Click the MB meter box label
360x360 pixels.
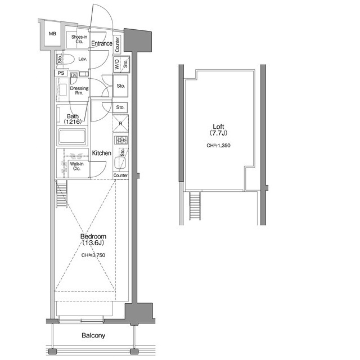(52, 34)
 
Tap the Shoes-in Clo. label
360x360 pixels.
(79, 39)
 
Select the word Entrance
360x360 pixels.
(102, 43)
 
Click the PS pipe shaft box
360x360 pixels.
(61, 73)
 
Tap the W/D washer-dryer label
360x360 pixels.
(117, 64)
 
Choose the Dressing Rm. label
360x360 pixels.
(79, 91)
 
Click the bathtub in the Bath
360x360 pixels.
(73, 137)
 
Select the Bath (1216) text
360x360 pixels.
(73, 119)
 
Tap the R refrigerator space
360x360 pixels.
(120, 124)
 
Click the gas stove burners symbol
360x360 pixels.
(121, 140)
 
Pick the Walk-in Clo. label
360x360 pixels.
(76, 166)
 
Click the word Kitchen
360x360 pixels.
(101, 153)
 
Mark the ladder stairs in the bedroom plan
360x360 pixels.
(61, 193)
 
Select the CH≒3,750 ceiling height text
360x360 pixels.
(93, 255)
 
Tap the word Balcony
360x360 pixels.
(93, 335)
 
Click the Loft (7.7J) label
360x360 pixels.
(218, 130)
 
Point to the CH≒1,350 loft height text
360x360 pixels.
(218, 145)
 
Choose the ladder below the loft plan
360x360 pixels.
(195, 206)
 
